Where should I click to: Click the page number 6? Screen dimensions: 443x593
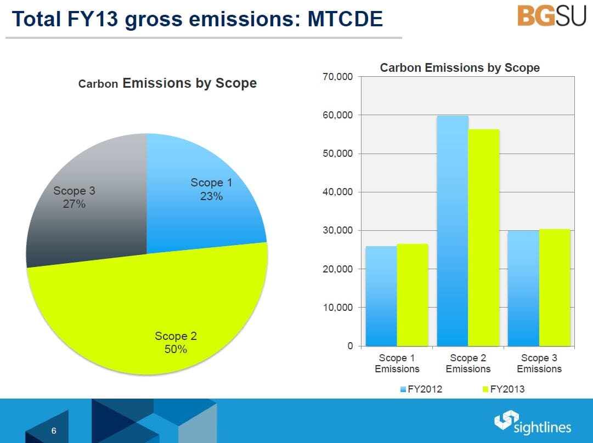54,431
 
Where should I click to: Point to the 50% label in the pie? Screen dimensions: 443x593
176,349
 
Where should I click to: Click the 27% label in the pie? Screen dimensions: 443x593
74,204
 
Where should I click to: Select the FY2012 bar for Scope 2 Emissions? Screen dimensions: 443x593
453,230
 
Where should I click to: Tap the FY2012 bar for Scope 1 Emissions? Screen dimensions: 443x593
381,296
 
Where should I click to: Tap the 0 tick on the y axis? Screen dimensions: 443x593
349,346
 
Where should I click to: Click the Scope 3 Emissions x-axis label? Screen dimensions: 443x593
539,364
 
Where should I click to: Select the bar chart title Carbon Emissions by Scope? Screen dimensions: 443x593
460,68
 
